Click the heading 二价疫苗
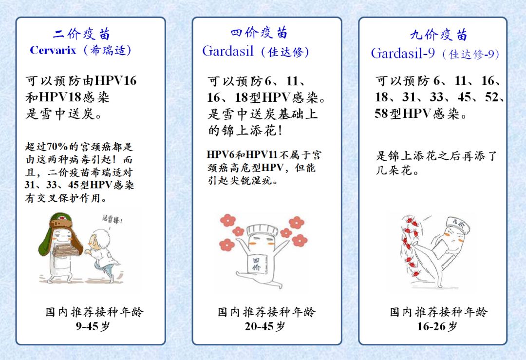coord(82,34)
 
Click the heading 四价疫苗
coord(259,33)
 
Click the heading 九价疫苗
coord(438,35)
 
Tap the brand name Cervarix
coord(53,50)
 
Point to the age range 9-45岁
coord(93,326)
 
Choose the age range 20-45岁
coord(265,326)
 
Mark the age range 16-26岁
coord(437,326)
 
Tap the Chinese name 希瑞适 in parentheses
coord(107,50)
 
